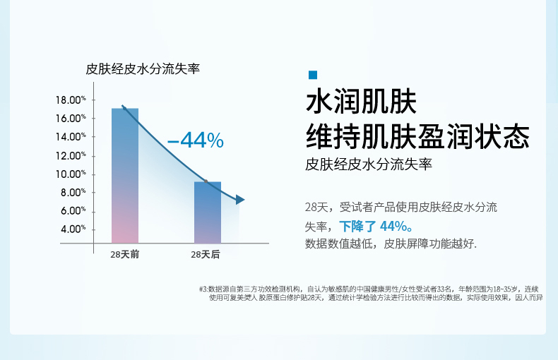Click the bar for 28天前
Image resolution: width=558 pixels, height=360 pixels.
click(x=125, y=176)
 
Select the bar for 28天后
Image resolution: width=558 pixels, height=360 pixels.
click(x=208, y=212)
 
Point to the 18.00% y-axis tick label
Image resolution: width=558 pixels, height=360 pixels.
click(x=71, y=100)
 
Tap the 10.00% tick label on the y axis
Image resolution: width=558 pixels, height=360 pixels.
click(x=71, y=174)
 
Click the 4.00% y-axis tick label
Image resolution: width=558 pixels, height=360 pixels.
click(x=73, y=229)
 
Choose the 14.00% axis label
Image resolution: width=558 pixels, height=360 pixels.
click(x=71, y=137)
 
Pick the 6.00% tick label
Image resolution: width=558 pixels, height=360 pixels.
click(x=73, y=210)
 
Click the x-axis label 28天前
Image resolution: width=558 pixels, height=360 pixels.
click(x=124, y=254)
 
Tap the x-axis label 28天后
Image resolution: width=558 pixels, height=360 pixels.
click(x=206, y=254)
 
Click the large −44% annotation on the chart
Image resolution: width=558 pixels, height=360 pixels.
click(x=196, y=140)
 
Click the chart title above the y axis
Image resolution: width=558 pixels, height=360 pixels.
click(x=143, y=68)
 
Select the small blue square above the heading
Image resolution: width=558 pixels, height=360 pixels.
click(x=313, y=75)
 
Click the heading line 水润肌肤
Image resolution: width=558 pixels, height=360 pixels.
click(x=361, y=102)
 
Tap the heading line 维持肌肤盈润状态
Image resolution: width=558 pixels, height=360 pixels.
click(x=417, y=136)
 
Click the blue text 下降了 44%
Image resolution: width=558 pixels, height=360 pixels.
click(x=376, y=227)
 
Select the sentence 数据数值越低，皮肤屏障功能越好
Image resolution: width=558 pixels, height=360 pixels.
click(x=391, y=244)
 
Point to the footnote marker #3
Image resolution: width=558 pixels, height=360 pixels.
click(x=203, y=289)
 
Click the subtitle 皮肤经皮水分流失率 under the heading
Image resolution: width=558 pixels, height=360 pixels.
click(x=369, y=164)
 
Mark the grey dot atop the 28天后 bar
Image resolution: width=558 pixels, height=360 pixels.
click(x=206, y=181)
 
